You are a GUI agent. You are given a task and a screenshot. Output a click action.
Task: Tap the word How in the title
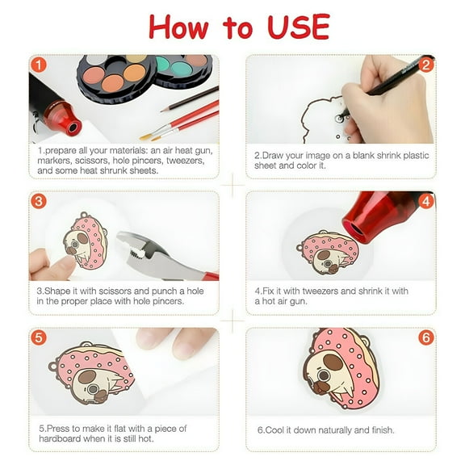point(180,27)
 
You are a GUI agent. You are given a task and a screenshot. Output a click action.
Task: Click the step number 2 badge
point(426,65)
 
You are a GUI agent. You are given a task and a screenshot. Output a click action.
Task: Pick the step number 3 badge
point(39,201)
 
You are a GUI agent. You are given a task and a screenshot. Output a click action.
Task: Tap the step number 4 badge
point(426,201)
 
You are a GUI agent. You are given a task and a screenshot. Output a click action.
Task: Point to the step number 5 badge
point(39,337)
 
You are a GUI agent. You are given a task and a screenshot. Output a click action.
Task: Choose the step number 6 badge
point(426,337)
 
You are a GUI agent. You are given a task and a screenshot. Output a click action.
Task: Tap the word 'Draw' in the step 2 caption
point(277,155)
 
